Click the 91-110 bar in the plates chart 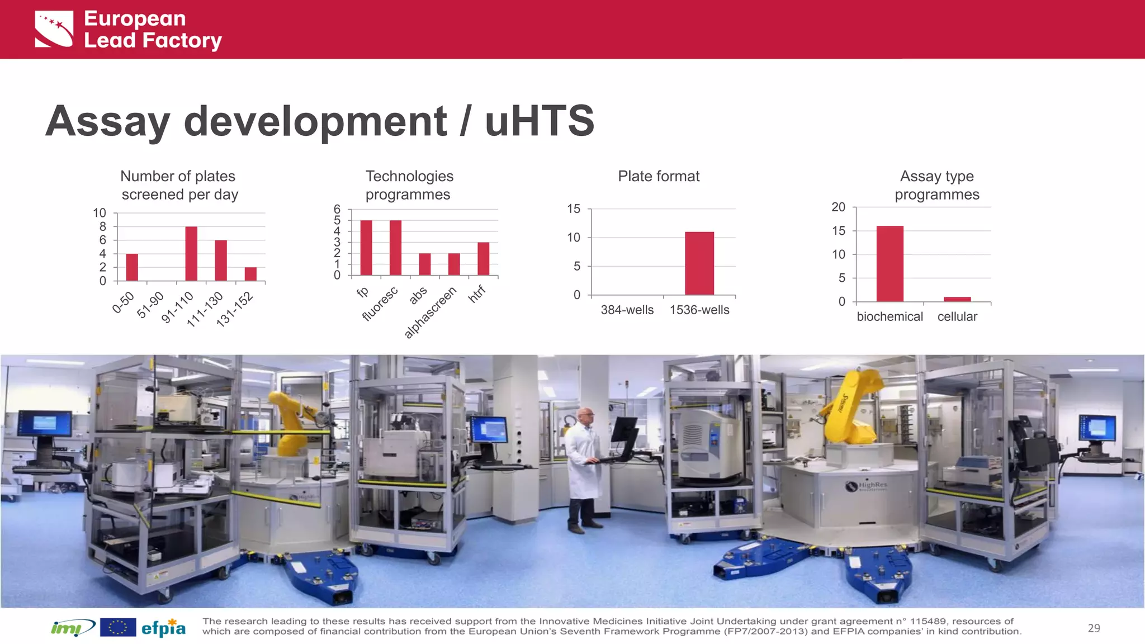click(x=191, y=254)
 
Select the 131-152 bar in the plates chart click(x=250, y=274)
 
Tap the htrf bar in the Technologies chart click(x=483, y=259)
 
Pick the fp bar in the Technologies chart click(x=366, y=248)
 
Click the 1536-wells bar click(x=699, y=263)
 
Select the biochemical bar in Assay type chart click(x=889, y=264)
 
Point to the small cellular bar click(x=957, y=299)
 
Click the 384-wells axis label click(x=627, y=310)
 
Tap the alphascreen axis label click(x=430, y=312)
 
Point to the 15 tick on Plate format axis click(x=574, y=209)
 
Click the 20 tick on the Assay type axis click(x=838, y=207)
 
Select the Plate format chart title click(x=659, y=177)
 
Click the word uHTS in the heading click(x=540, y=121)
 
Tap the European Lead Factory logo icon click(x=54, y=29)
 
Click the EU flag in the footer click(x=118, y=628)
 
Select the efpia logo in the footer click(x=163, y=628)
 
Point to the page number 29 click(x=1094, y=628)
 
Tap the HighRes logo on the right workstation click(x=866, y=486)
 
